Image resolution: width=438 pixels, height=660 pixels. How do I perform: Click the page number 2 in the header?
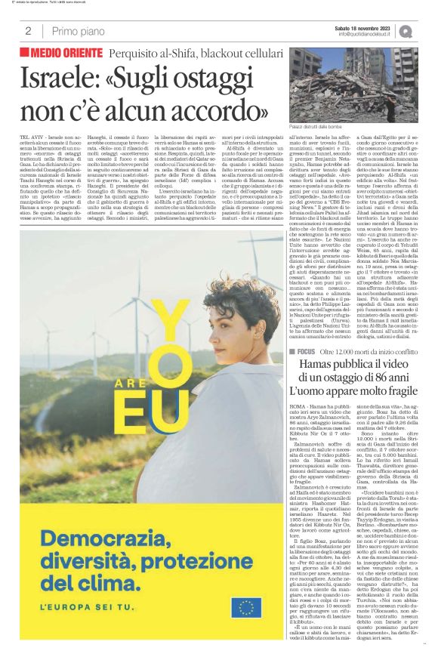[x=27, y=31]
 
